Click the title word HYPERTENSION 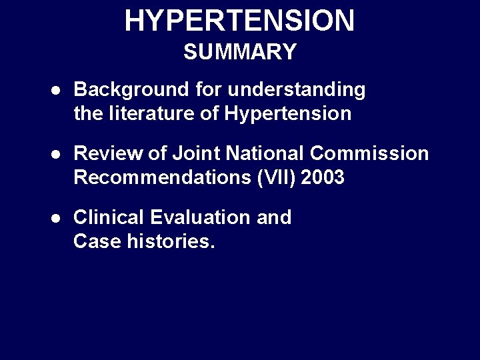tap(239, 21)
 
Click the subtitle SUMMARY tap(239, 52)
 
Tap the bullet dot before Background tap(57, 90)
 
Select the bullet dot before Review tap(57, 154)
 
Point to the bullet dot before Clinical tap(57, 218)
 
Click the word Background tap(131, 89)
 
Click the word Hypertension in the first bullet tap(288, 114)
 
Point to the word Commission tap(369, 153)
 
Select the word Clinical tap(109, 217)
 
